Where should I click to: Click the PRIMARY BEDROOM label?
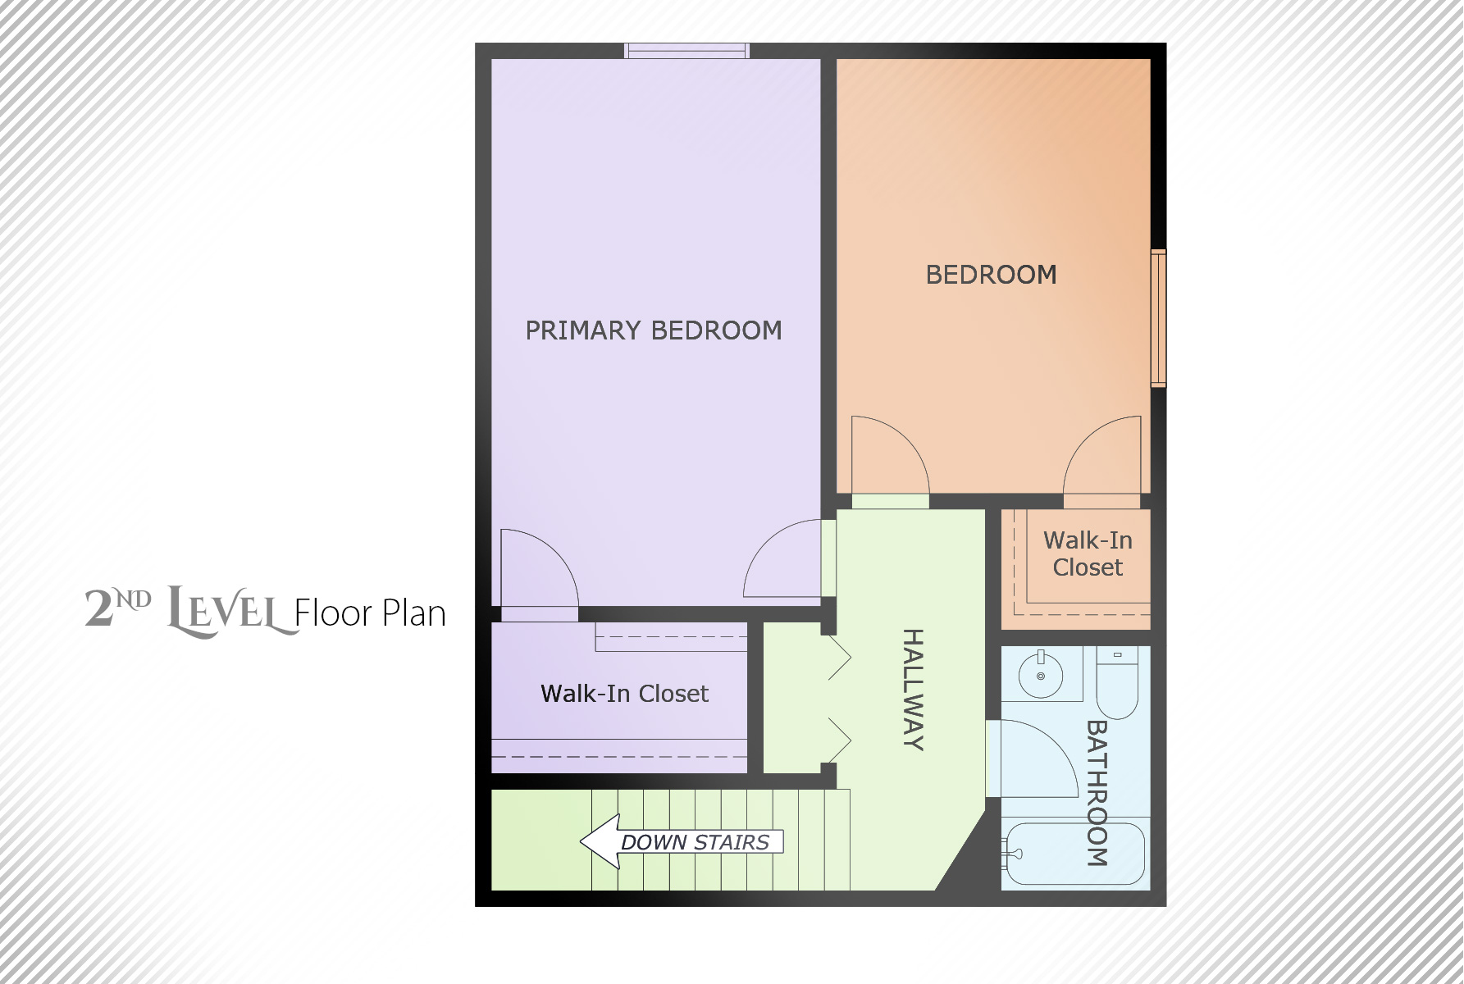[654, 330]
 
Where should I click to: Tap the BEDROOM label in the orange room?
[991, 275]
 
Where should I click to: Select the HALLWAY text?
[914, 690]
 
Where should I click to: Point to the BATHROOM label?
[1097, 793]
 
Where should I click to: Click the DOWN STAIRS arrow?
[682, 841]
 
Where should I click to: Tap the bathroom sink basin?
[1041, 676]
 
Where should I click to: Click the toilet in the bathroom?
[1117, 682]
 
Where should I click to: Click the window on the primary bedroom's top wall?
[686, 51]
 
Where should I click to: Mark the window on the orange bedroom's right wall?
[1158, 318]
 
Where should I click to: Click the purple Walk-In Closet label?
[624, 694]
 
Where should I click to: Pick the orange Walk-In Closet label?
[1088, 554]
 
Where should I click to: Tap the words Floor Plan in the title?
[370, 613]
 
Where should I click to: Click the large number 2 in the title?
[98, 608]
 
